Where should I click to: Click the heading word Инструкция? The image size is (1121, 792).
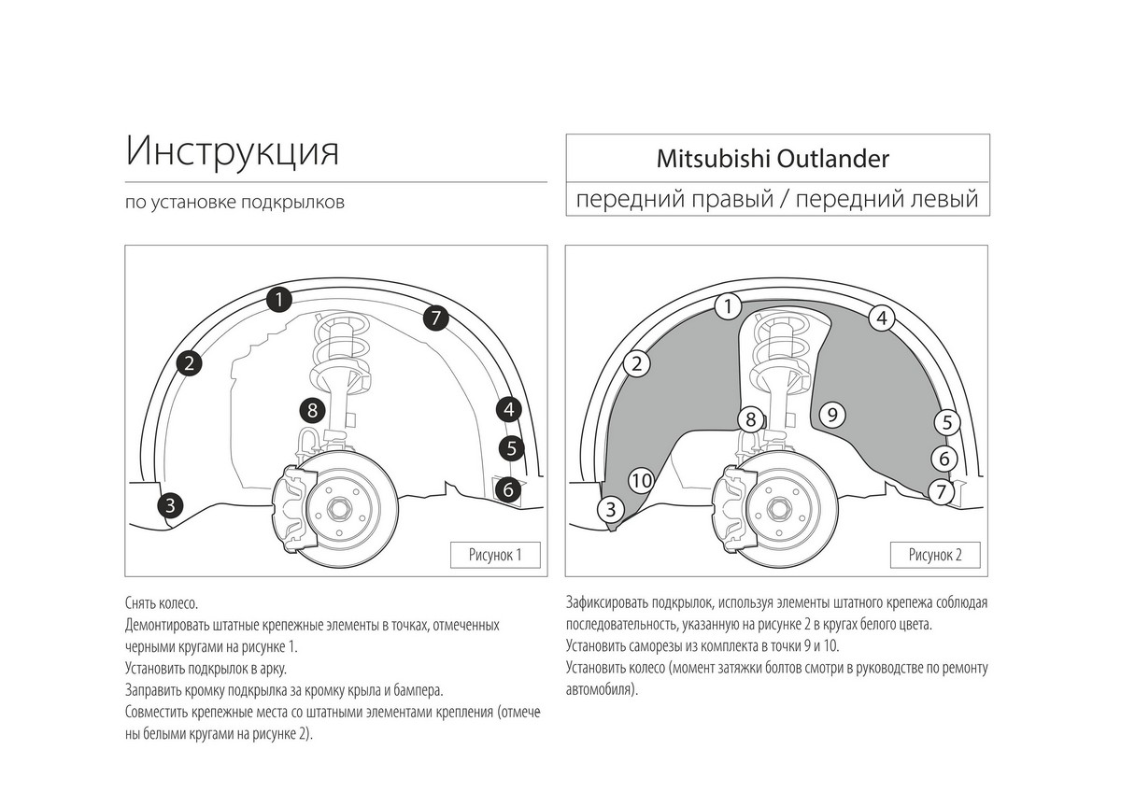(232, 150)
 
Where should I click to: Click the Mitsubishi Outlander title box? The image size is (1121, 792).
(777, 158)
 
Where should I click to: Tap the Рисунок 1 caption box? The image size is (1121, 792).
(494, 555)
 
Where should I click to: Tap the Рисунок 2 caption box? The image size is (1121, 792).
(935, 555)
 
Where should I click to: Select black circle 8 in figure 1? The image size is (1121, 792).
(313, 409)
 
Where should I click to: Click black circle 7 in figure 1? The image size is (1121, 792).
(435, 318)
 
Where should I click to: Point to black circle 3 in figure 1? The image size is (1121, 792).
(169, 505)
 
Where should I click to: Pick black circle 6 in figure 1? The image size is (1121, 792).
(508, 488)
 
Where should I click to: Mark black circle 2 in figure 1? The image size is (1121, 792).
(189, 362)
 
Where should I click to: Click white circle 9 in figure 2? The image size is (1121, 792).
(830, 413)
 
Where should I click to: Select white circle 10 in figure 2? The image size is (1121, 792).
(641, 480)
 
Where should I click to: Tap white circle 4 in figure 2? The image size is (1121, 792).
(881, 318)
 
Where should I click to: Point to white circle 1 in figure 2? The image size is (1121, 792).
(728, 305)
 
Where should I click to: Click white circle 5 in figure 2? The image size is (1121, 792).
(946, 422)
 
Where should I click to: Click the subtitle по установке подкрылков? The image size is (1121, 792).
(234, 203)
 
